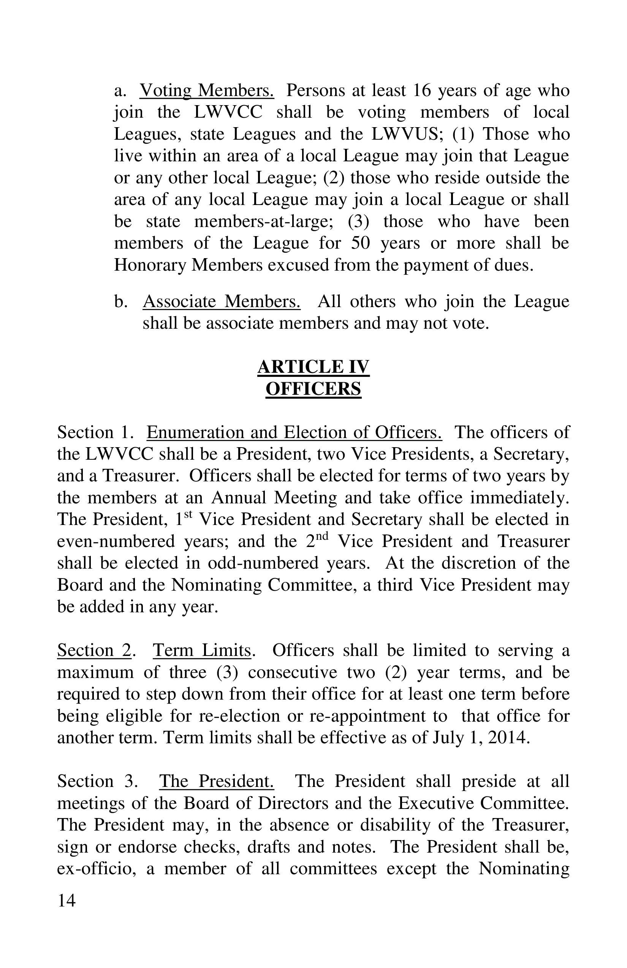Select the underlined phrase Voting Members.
[207, 90]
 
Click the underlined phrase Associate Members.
[222, 301]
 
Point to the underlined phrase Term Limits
[202, 650]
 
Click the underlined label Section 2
[94, 650]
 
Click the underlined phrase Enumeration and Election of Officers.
[294, 432]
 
